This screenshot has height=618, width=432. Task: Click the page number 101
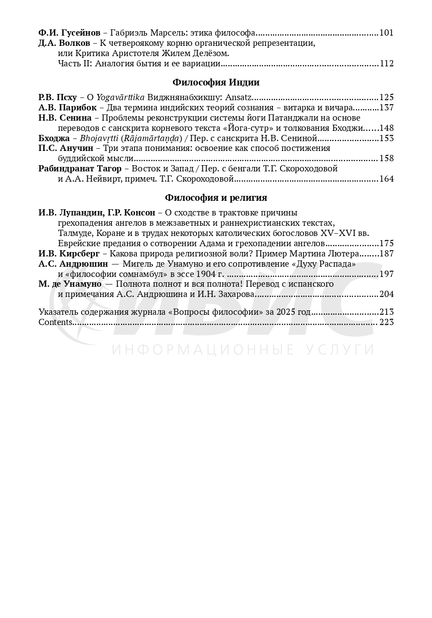(387, 33)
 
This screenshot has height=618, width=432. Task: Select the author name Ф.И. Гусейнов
(69, 33)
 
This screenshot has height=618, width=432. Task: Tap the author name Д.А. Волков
(64, 43)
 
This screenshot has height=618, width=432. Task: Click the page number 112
(387, 64)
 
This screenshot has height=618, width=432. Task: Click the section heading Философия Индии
(216, 82)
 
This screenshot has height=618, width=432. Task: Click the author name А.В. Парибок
(67, 108)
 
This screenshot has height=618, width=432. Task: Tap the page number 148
(387, 128)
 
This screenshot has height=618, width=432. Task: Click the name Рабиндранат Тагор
(80, 169)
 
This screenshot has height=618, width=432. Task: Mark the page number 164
(387, 179)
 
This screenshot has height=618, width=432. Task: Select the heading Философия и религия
(216, 198)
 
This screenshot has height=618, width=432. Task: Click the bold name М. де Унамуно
(70, 284)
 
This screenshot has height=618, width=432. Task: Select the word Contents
(55, 322)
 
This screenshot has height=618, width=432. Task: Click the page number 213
(387, 312)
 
